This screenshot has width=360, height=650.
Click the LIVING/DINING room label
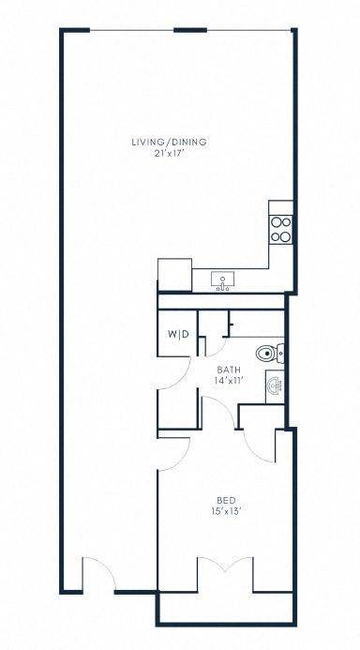coord(169,143)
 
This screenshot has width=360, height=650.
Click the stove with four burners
coord(280,230)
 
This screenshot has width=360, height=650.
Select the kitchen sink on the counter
coord(224,280)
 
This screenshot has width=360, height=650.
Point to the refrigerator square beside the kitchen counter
coord(174,274)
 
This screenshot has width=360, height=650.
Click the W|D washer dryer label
coord(178,335)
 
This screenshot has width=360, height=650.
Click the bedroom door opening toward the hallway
coord(174,454)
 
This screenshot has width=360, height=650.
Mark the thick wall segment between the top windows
coord(190,30)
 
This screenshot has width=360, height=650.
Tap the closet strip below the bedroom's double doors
coord(225,608)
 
